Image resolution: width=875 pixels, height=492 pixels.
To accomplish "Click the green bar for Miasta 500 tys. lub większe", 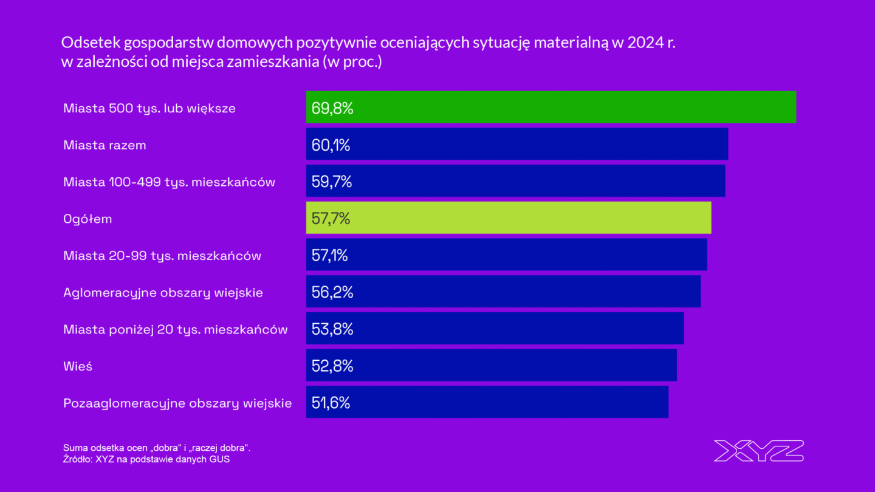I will (x=550, y=108).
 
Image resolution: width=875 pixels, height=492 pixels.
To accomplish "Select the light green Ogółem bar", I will (x=508, y=218).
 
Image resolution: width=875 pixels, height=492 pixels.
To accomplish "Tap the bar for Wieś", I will (x=491, y=366).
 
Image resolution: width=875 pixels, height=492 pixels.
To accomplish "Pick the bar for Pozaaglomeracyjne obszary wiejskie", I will (x=487, y=402).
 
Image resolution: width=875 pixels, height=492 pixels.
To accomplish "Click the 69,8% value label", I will (x=332, y=109).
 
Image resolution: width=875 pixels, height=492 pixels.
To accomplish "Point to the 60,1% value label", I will (x=331, y=146).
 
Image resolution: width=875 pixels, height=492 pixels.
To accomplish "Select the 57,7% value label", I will (x=331, y=219).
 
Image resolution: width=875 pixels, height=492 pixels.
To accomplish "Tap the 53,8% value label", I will (x=332, y=329).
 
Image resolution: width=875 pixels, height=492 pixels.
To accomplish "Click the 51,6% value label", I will (x=331, y=403).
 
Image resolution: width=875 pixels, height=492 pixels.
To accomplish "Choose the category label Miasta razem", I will (x=105, y=146).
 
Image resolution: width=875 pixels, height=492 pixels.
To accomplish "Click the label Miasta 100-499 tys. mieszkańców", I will (x=169, y=182).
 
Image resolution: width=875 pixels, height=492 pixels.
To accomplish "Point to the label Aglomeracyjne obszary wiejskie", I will (x=163, y=293).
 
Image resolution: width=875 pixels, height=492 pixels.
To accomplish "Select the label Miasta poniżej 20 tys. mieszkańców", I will (x=175, y=330).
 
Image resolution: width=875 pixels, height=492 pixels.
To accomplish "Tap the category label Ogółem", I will (x=87, y=219).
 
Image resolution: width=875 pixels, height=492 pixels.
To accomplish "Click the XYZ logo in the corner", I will (x=758, y=451).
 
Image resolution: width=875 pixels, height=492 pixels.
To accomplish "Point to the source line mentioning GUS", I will (x=146, y=459).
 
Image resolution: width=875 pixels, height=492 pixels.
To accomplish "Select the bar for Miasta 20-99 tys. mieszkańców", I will (x=506, y=255).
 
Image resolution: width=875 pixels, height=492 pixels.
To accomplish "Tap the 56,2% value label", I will (x=332, y=293).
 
